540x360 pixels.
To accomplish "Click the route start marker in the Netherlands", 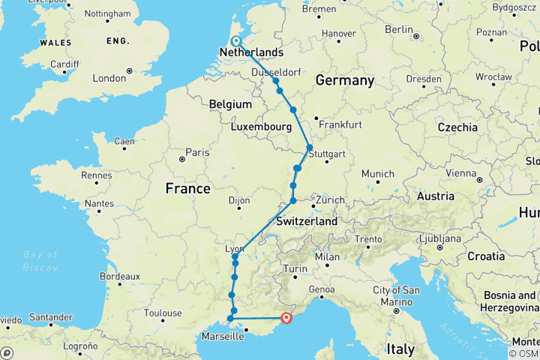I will tap(236, 42).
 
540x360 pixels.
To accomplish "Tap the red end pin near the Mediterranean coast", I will tap(286, 318).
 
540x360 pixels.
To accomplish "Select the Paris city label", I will tap(198, 152).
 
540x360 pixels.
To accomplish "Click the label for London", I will tap(109, 78).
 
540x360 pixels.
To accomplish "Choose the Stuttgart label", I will tap(327, 154).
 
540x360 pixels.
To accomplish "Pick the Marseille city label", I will tap(222, 337).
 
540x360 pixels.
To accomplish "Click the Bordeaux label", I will tap(119, 276).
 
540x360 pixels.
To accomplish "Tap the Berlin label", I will tap(399, 29).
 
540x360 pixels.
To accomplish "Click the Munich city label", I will tap(377, 173).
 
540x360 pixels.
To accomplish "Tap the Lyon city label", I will tap(235, 248).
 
